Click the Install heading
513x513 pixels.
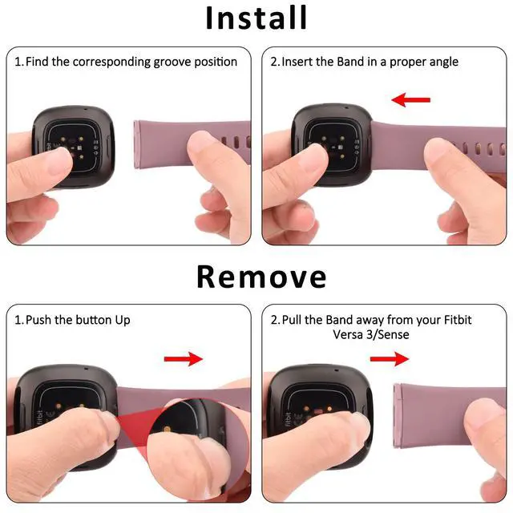click(x=256, y=18)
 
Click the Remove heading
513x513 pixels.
click(x=261, y=277)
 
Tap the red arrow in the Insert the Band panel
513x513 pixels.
click(x=411, y=99)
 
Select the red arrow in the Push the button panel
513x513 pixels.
click(x=184, y=359)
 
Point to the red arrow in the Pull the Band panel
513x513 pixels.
click(x=390, y=359)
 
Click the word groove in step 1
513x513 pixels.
click(x=172, y=63)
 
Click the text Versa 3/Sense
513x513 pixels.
click(x=371, y=334)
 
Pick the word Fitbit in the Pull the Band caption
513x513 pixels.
click(x=458, y=320)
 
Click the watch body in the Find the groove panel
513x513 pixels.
click(x=74, y=146)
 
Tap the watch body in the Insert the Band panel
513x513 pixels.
click(x=332, y=144)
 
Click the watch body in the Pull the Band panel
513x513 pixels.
click(x=319, y=415)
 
